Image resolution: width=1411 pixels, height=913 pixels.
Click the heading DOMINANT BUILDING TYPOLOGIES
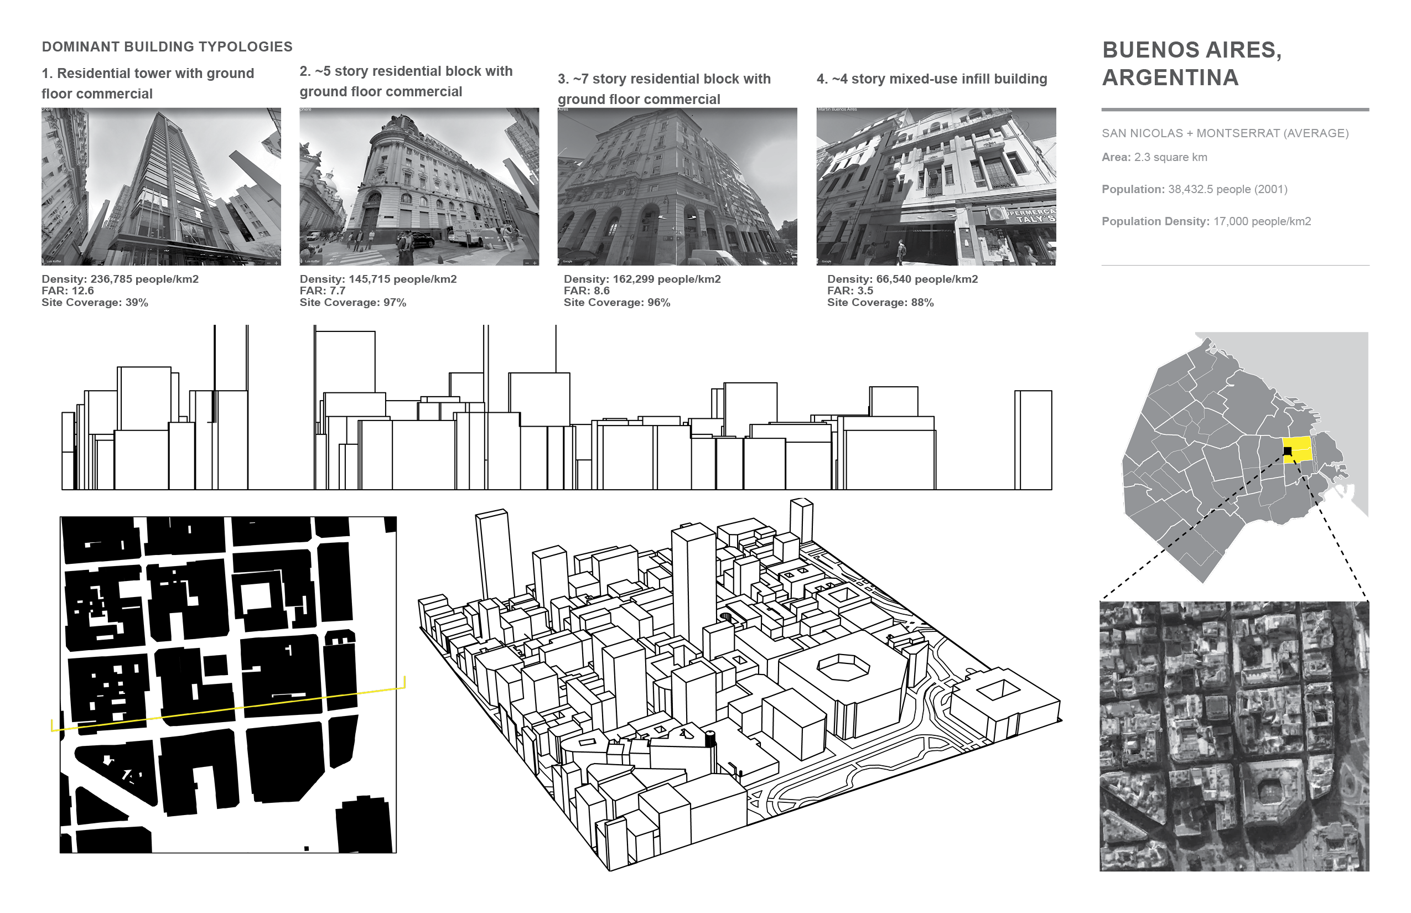(x=167, y=47)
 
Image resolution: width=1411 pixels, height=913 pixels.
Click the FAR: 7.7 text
(x=323, y=290)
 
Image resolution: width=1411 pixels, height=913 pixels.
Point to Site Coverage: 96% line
(x=616, y=302)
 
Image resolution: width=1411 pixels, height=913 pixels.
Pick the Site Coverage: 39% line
(x=95, y=302)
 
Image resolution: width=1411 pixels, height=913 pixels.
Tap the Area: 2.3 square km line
(x=1154, y=157)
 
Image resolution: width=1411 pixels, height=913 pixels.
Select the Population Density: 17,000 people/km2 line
(x=1206, y=221)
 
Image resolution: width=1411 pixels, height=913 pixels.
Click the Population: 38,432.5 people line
(x=1194, y=189)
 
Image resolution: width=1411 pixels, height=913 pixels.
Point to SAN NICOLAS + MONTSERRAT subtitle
(x=1225, y=133)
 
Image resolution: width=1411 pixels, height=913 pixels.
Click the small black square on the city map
(x=1287, y=451)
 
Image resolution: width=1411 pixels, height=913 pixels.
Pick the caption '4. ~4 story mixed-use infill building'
(x=931, y=79)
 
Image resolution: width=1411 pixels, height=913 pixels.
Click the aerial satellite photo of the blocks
(x=1234, y=736)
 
